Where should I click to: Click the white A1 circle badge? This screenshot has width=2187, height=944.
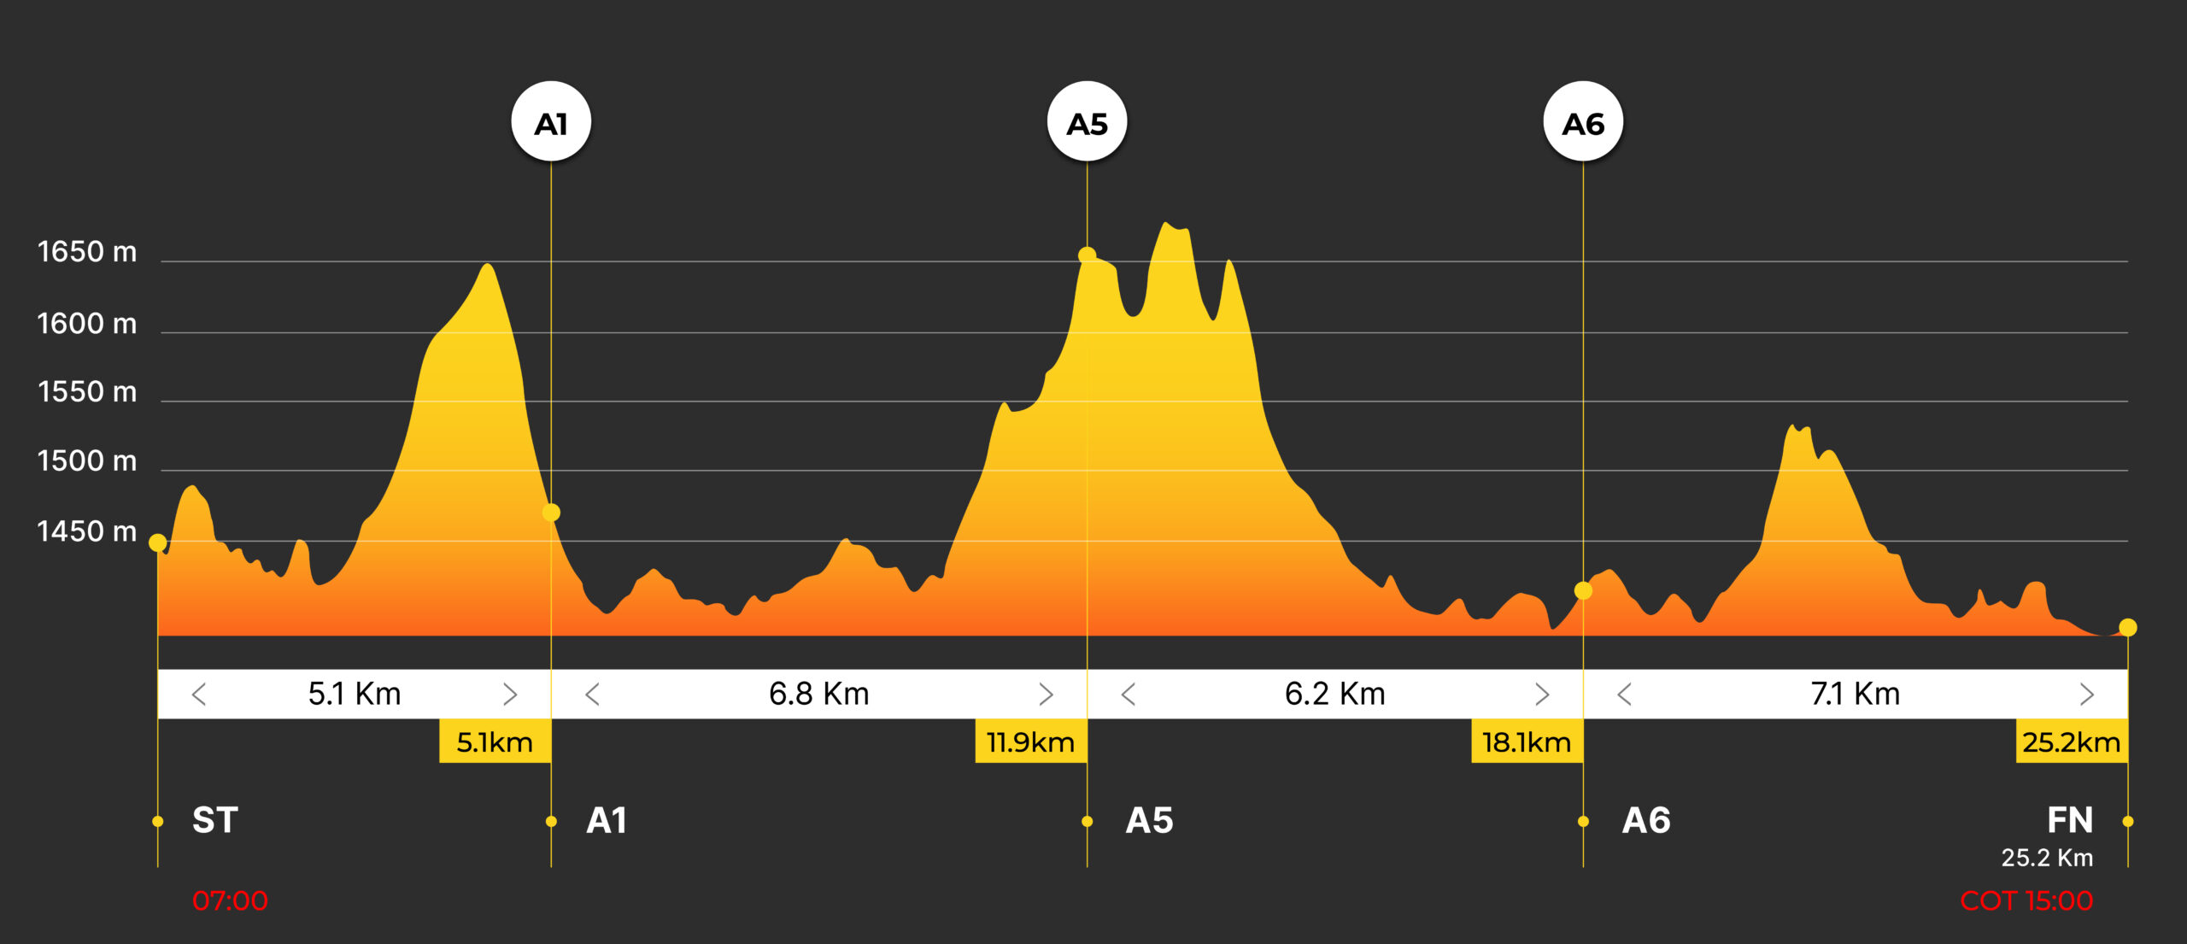551,122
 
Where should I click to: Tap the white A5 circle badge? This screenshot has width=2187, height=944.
1087,122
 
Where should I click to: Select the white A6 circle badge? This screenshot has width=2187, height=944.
1583,122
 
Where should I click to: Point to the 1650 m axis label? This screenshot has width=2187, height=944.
87,252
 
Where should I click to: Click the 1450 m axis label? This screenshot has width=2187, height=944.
87,531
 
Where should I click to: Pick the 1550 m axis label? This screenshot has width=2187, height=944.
87,391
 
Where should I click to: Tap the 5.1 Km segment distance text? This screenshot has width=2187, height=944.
355,694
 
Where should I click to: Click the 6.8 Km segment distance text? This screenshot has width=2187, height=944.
818,694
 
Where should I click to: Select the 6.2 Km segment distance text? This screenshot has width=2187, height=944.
1334,694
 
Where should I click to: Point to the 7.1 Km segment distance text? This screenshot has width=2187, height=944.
1855,694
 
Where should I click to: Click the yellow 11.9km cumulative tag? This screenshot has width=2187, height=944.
1030,742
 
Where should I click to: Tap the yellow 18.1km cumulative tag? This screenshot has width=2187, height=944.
1527,742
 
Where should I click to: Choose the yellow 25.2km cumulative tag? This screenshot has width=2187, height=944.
2071,742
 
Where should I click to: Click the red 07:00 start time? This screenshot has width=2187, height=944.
230,900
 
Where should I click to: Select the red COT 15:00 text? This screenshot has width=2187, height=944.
2026,900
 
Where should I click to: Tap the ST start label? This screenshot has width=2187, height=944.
215,820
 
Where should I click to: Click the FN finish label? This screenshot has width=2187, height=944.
2069,820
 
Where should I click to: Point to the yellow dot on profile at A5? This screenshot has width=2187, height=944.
1087,255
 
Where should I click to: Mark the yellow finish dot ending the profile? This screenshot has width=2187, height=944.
2127,628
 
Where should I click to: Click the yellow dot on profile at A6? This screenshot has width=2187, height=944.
1583,590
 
